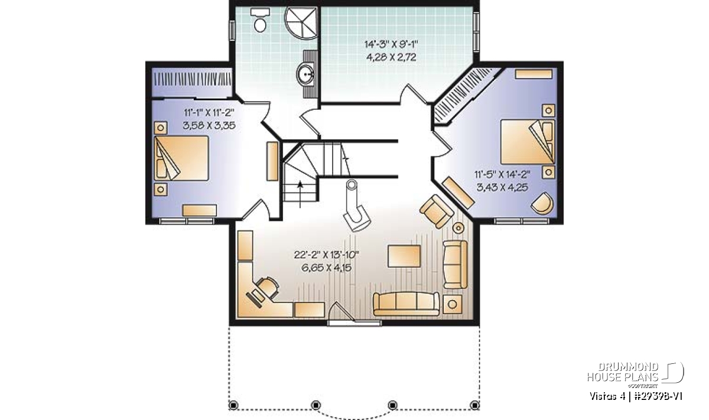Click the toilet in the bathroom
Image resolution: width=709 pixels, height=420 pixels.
tap(260, 20)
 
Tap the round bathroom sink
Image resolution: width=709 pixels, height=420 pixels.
tap(305, 74)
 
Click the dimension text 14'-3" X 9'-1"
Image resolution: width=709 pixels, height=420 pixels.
tap(391, 44)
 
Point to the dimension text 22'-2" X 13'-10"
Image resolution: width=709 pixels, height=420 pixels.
tap(326, 254)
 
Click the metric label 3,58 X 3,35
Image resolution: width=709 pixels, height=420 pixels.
tap(209, 126)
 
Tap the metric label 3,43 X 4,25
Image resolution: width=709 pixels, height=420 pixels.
tap(502, 187)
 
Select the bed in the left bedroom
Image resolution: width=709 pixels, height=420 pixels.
tap(181, 158)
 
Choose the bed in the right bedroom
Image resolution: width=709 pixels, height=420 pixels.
tap(528, 142)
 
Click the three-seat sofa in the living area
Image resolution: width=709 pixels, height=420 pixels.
tap(406, 304)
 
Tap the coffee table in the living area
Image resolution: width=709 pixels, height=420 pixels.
tap(404, 256)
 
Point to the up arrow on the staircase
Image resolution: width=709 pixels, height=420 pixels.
tap(300, 194)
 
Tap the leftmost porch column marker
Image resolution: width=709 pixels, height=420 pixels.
tap(233, 405)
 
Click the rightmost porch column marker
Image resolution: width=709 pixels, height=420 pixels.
tap(474, 405)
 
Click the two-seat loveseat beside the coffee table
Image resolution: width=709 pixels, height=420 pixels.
tap(455, 264)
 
